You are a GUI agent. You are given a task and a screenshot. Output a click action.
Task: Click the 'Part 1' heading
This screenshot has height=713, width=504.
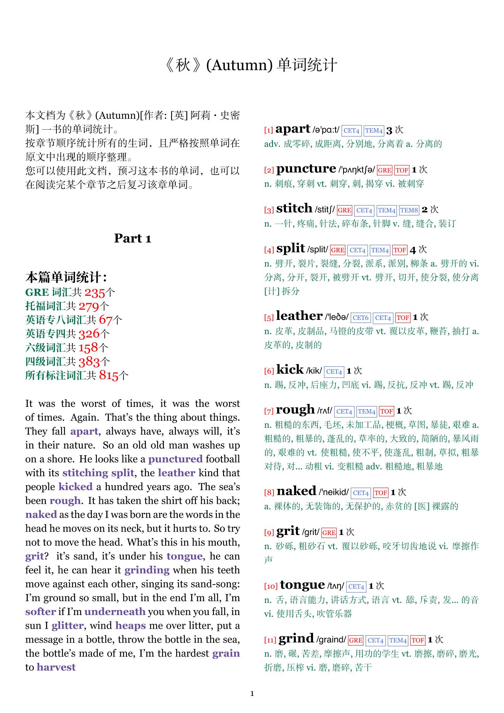pos(133,238)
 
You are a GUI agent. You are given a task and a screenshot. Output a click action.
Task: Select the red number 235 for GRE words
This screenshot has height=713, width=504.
pos(95,292)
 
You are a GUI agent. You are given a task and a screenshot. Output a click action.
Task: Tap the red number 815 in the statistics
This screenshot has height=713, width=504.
pos(109,376)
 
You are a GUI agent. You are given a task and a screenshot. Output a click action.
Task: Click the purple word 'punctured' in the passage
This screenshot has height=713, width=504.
pos(175,459)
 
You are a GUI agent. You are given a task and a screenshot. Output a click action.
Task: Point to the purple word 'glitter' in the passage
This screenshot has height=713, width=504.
pos(67,626)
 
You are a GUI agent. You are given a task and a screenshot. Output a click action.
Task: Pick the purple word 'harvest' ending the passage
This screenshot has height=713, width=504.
pos(56,667)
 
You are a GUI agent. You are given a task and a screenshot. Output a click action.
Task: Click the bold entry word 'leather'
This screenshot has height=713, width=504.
pos(299,316)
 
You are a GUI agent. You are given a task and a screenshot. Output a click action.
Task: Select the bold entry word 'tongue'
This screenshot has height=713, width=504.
pos(302,585)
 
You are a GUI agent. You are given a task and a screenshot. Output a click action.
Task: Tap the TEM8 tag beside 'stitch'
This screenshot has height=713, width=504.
pos(409,210)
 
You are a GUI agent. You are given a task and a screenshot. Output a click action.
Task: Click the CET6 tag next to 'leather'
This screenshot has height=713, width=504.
pos(360,318)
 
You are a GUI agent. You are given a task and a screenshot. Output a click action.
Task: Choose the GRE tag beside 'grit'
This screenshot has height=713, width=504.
pos(329,533)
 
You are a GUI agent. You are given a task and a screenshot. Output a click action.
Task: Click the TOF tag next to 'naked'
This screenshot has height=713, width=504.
pos(380,493)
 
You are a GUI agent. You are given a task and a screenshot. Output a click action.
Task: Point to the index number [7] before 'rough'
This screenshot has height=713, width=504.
pos(269,411)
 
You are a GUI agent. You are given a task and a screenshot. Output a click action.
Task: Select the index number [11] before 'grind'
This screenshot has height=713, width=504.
pos(270,640)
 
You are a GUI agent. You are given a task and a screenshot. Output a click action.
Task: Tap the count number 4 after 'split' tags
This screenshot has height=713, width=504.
pos(413,250)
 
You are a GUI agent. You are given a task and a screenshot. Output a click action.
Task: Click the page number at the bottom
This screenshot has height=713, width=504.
pos(252,694)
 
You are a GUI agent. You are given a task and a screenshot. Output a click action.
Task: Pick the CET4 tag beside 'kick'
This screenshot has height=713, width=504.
pos(334,371)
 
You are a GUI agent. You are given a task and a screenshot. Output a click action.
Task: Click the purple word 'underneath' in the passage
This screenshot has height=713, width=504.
pos(115,612)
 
